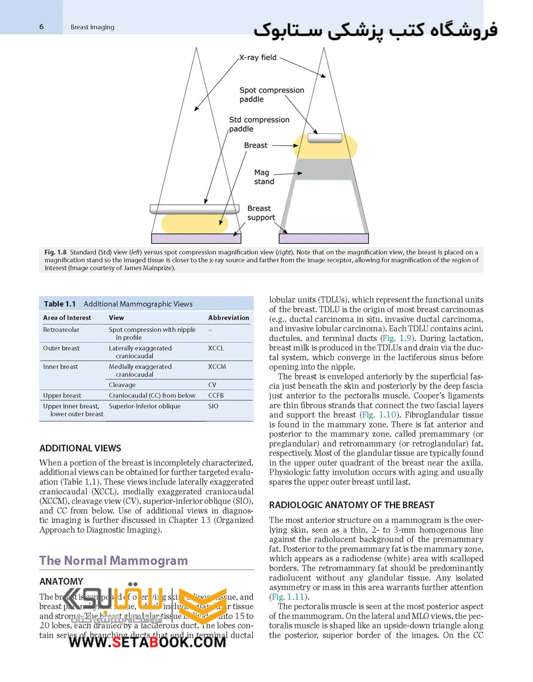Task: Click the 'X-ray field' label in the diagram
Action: tap(258, 58)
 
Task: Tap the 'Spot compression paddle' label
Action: tap(272, 95)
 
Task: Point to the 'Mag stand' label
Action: tap(264, 177)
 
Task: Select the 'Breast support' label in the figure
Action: tap(261, 213)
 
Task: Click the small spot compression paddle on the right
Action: tap(325, 138)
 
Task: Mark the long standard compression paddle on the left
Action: tap(195, 209)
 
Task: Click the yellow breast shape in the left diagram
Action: tap(194, 223)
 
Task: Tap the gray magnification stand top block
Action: tap(325, 170)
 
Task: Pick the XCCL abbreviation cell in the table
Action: tap(216, 348)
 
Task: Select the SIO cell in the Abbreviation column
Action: tap(213, 406)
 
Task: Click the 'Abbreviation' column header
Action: tap(229, 318)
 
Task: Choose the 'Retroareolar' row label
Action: tap(61, 329)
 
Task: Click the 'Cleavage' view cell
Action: tap(122, 385)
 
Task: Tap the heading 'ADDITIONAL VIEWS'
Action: tap(80, 448)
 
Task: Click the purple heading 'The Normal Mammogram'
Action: tap(113, 560)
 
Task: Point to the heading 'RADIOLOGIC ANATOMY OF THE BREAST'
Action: tap(352, 505)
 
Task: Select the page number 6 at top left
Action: tap(42, 27)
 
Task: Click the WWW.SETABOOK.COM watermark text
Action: tap(147, 642)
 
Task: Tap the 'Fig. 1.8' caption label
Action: tap(55, 252)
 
